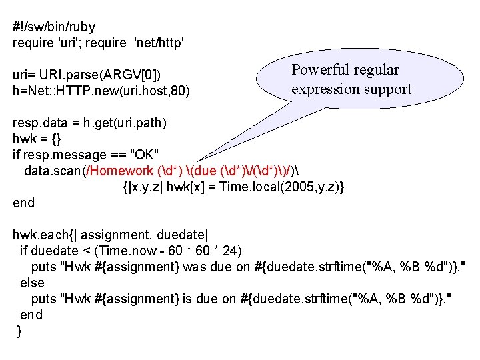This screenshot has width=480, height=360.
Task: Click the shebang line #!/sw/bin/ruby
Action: (54, 27)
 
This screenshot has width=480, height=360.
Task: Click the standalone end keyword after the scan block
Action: (23, 203)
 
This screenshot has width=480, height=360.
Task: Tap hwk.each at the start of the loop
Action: (37, 235)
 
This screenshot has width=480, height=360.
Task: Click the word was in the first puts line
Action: (194, 267)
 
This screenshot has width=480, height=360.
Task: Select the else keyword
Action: (32, 283)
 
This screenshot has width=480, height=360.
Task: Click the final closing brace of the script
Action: (19, 331)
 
